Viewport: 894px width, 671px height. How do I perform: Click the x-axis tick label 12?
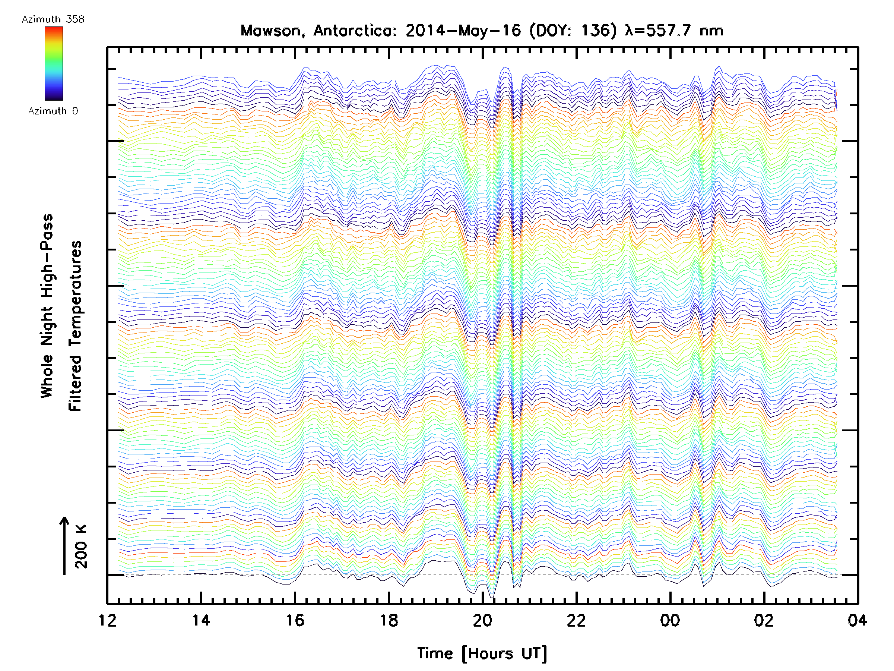click(x=108, y=620)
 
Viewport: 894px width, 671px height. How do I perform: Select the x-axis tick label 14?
click(x=201, y=620)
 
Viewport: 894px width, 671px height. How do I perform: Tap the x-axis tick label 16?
click(x=295, y=620)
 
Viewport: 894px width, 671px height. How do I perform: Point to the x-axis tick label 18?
click(x=389, y=620)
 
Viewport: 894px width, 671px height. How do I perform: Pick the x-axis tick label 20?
click(x=482, y=620)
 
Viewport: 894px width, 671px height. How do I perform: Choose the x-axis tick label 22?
click(x=576, y=620)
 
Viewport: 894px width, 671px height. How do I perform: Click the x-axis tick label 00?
click(x=670, y=620)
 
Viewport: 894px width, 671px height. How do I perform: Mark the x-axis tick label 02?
click(x=764, y=620)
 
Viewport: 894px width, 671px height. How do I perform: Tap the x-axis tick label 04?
click(x=857, y=620)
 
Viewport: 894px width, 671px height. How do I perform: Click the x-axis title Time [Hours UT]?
click(x=482, y=653)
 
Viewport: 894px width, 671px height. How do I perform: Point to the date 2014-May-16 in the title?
click(x=463, y=31)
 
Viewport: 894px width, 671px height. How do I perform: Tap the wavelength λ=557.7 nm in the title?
click(x=674, y=31)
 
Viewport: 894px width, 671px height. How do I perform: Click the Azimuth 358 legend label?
click(x=53, y=19)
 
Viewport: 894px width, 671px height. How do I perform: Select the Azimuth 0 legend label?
click(x=53, y=111)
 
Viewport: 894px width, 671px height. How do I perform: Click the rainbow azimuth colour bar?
click(x=54, y=63)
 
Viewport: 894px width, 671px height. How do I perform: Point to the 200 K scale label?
click(x=81, y=546)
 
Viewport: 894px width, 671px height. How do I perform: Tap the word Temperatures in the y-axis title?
click(x=76, y=325)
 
